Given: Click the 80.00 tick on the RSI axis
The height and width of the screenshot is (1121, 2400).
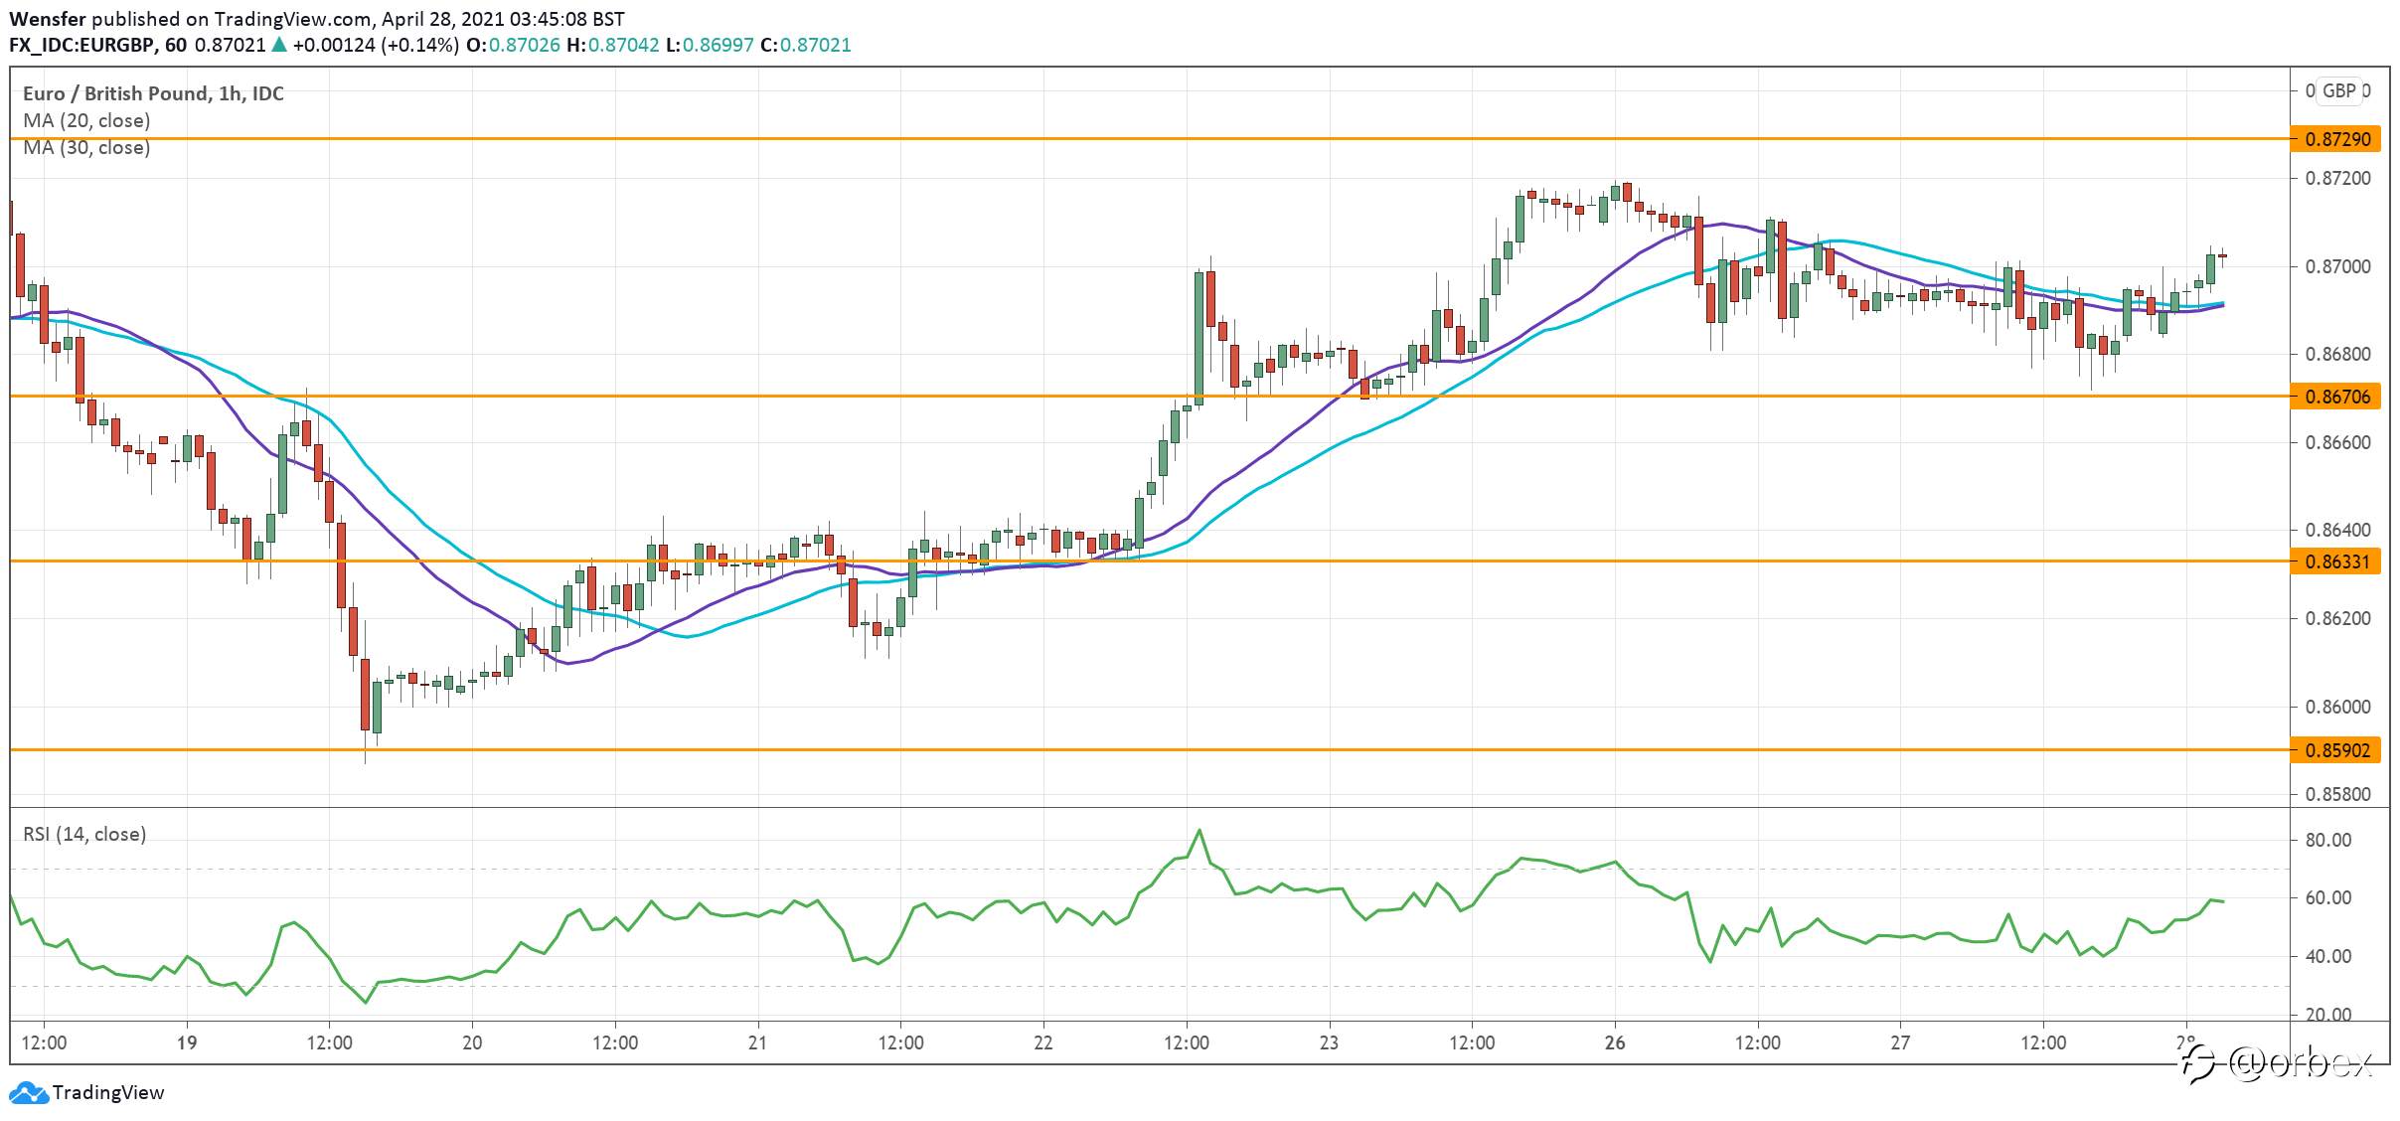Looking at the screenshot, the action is (x=2328, y=840).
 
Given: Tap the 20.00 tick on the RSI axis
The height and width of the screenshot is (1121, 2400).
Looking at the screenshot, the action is (x=2328, y=1015).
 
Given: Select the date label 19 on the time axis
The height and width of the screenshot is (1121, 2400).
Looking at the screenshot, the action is (x=187, y=1042).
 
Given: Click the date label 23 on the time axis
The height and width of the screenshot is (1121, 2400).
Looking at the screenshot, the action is (x=1329, y=1042).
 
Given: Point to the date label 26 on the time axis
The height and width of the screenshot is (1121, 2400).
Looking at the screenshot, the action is (x=1615, y=1042).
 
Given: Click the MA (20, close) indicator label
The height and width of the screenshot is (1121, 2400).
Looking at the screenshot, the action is (x=86, y=120).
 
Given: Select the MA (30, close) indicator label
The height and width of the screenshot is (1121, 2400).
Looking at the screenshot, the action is (x=86, y=147).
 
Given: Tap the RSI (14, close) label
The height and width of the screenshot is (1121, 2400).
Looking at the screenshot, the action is (x=84, y=834).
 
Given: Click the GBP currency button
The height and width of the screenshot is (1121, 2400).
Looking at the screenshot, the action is (x=2338, y=90).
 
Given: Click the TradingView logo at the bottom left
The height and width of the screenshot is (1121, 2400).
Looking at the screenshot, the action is (x=87, y=1092).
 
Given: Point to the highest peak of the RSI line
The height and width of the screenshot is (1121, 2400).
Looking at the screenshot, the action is (x=1200, y=830).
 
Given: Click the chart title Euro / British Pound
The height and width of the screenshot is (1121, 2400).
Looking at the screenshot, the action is (x=115, y=93).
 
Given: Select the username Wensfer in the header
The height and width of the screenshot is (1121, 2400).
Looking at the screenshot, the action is (x=48, y=19).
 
